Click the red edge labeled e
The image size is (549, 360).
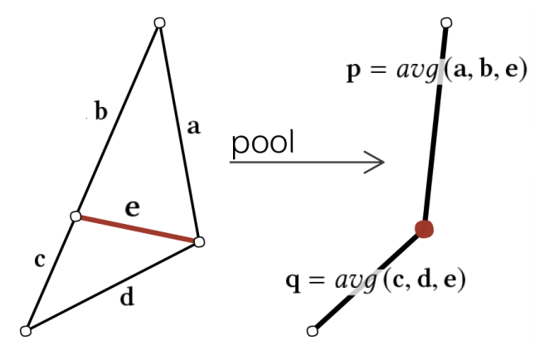pyautogui.click(x=137, y=228)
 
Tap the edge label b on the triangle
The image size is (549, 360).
pyautogui.click(x=101, y=112)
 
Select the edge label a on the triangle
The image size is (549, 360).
pyautogui.click(x=193, y=127)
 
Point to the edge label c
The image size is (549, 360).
pyautogui.click(x=40, y=260)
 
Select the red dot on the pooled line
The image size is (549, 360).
pyautogui.click(x=424, y=229)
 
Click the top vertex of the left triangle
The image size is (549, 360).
pyautogui.click(x=159, y=22)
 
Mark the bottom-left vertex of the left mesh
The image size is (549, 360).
pyautogui.click(x=26, y=331)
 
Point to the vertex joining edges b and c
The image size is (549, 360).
pyautogui.click(x=75, y=216)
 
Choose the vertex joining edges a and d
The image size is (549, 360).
pyautogui.click(x=198, y=241)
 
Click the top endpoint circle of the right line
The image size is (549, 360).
pyautogui.click(x=446, y=22)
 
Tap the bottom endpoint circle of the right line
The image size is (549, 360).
pyautogui.click(x=312, y=331)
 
